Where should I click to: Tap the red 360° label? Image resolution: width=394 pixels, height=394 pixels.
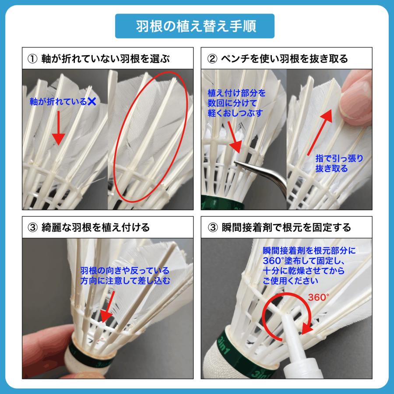pyautogui.click(x=318, y=296)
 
